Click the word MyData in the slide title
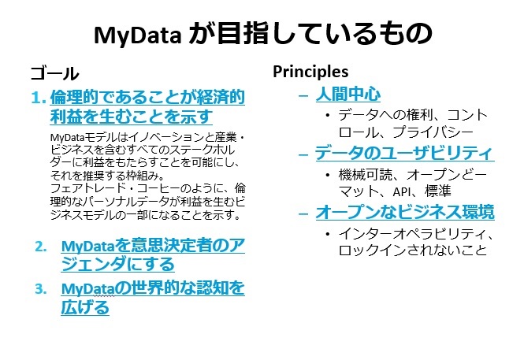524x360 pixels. tap(138, 35)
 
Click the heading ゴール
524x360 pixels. tap(55, 73)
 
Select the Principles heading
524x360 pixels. tap(310, 72)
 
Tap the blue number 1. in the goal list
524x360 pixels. tap(38, 98)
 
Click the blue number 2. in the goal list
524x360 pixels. tap(41, 247)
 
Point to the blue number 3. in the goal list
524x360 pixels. tap(41, 289)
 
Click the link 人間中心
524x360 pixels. tap(347, 95)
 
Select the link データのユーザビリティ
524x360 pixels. tap(404, 154)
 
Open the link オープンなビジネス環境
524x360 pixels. tap(405, 212)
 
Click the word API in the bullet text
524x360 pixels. tap(402, 191)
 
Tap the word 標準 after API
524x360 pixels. tap(438, 191)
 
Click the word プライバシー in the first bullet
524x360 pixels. tap(433, 132)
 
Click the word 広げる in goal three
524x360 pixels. tap(85, 307)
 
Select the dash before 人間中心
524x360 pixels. tap(303, 96)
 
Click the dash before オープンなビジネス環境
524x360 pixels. tap(303, 213)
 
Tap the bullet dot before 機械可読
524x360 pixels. tap(328, 175)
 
